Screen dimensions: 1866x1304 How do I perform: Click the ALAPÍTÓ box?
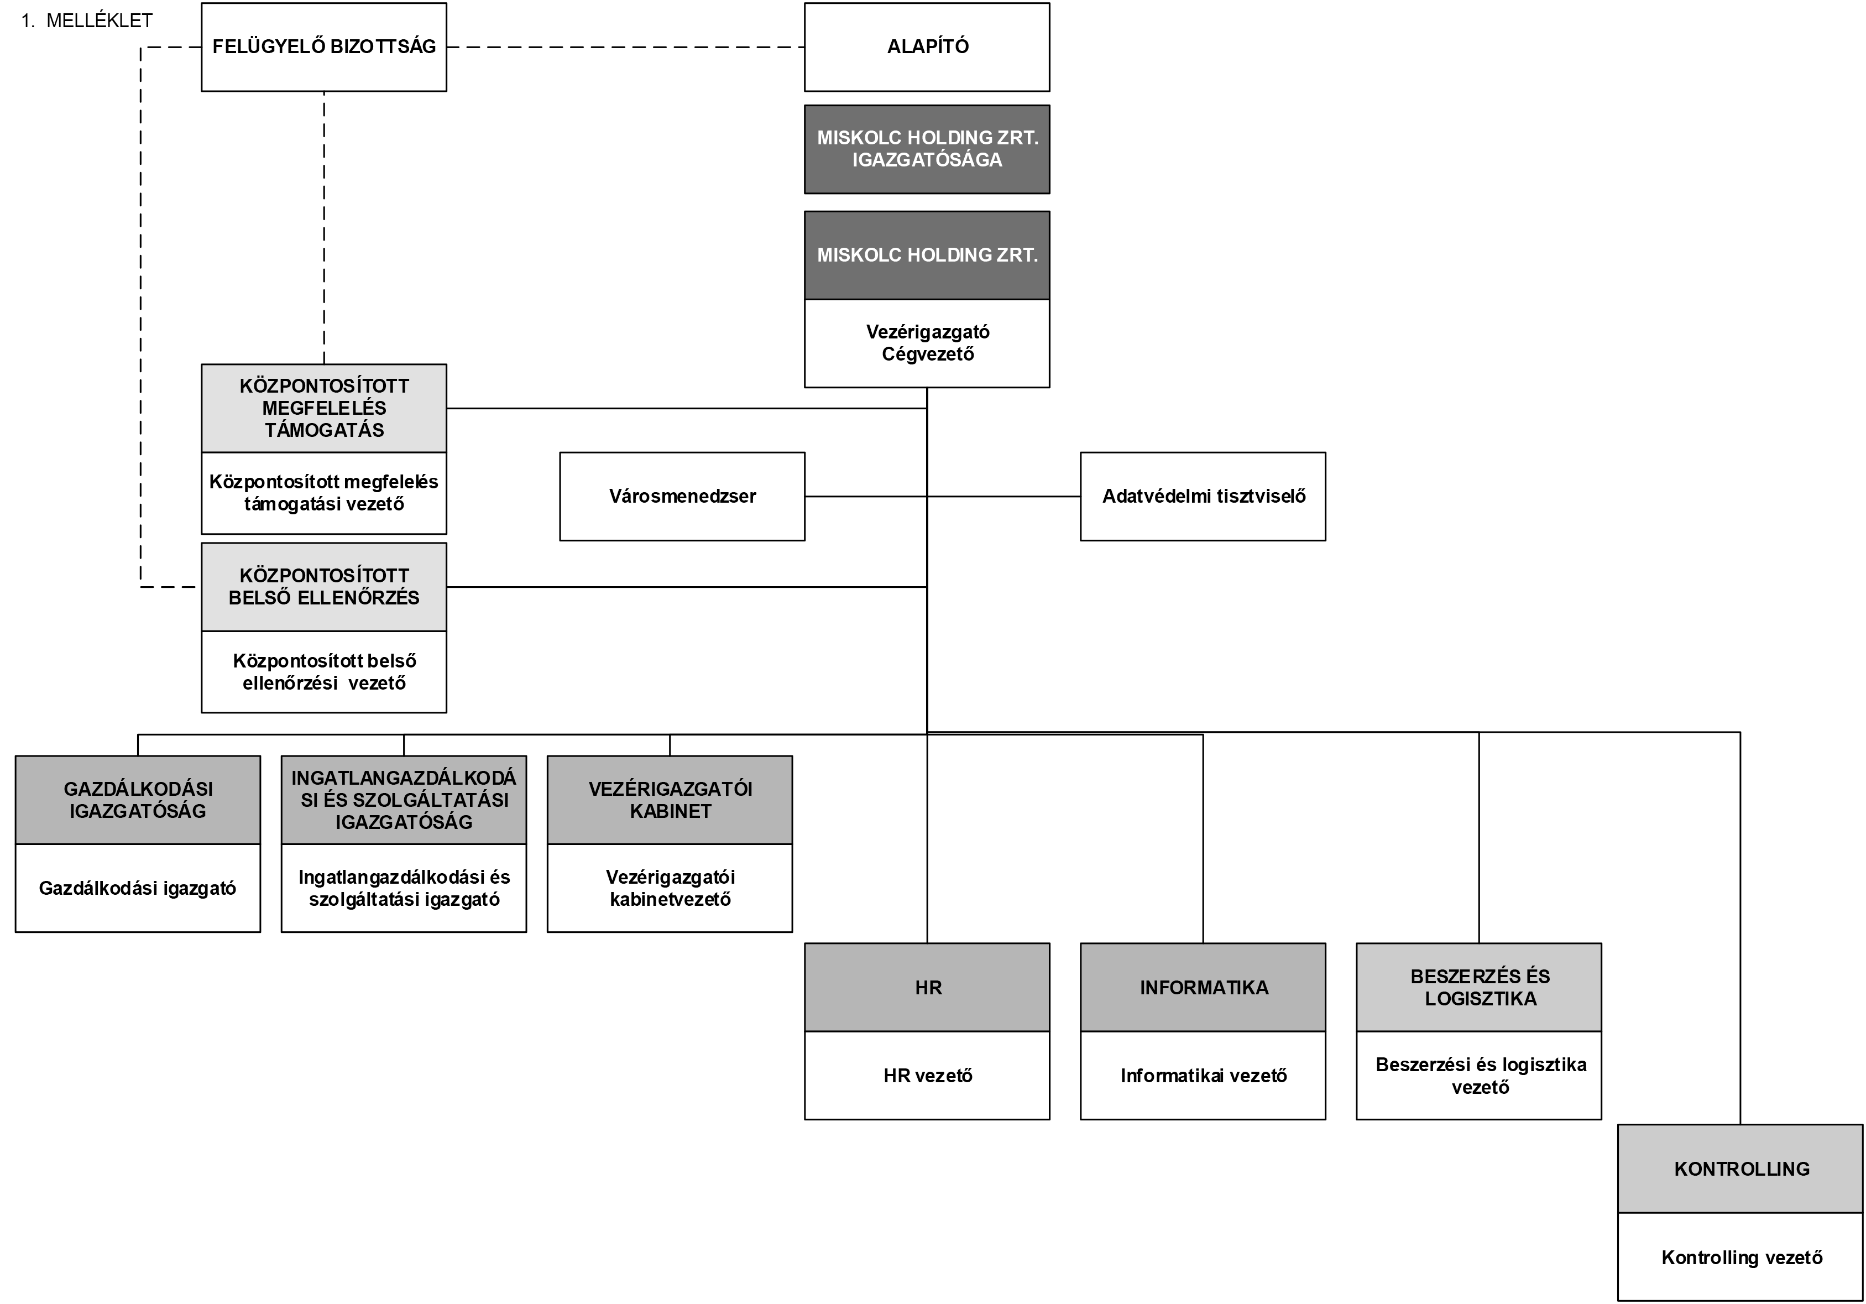[x=927, y=47]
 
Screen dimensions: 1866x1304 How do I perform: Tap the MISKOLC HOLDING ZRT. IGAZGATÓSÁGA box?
[x=927, y=149]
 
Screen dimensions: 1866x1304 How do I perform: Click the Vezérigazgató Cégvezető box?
[x=927, y=343]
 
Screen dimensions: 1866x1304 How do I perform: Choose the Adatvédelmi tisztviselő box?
[x=1203, y=496]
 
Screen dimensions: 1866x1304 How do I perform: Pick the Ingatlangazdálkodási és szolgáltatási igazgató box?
[x=404, y=888]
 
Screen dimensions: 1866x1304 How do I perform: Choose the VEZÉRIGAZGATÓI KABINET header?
[x=670, y=800]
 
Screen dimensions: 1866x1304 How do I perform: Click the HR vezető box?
[x=927, y=1076]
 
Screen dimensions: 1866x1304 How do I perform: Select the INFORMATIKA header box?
[x=1203, y=988]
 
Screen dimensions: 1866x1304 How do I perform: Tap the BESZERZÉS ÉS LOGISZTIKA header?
[x=1479, y=988]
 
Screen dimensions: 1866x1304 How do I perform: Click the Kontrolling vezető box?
[x=1741, y=1257]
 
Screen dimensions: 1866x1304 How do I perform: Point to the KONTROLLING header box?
[x=1741, y=1169]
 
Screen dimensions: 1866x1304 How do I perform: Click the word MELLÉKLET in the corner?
[x=99, y=21]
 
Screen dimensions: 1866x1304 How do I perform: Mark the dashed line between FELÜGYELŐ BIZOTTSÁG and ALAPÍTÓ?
[x=626, y=47]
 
